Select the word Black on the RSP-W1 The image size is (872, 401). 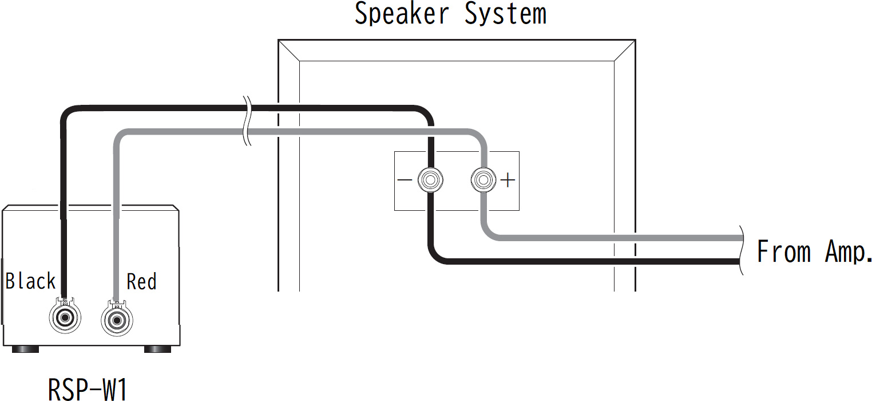click(x=31, y=281)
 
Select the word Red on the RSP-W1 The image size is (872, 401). click(x=141, y=281)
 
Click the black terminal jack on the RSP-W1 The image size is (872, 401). click(x=64, y=317)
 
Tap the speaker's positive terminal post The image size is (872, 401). click(x=483, y=180)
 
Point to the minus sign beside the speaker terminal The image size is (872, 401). click(x=404, y=180)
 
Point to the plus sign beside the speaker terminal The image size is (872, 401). click(x=508, y=180)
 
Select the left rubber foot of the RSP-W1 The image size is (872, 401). click(x=22, y=348)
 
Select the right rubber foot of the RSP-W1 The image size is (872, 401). click(x=157, y=348)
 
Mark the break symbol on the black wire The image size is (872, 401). click(x=246, y=107)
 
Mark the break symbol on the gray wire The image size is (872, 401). click(x=247, y=132)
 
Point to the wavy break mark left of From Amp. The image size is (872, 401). click(x=742, y=250)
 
